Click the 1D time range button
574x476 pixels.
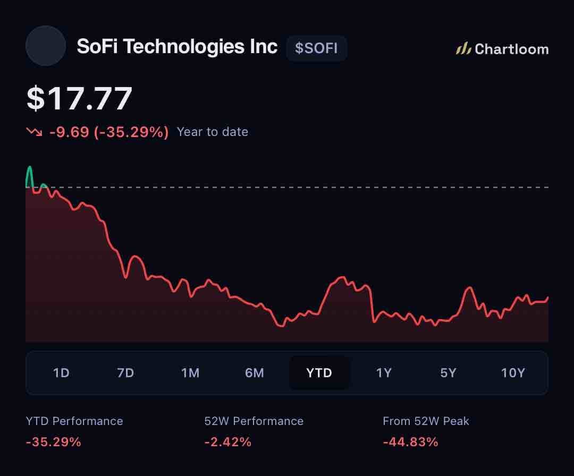(61, 373)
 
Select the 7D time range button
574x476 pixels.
(125, 373)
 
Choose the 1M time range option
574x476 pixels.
(190, 373)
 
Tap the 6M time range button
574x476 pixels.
(255, 373)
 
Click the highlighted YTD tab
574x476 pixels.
(319, 373)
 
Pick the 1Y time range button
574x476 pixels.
(384, 373)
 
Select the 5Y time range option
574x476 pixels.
(448, 373)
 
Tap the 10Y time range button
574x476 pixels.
(513, 373)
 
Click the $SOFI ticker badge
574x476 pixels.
(316, 48)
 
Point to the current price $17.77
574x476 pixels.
(79, 98)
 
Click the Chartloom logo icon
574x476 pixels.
(463, 48)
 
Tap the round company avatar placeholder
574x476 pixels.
(46, 46)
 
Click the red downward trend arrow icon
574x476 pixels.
(34, 131)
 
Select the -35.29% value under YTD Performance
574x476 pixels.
(54, 442)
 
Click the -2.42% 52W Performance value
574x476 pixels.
(227, 442)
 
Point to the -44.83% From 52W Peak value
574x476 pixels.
(410, 442)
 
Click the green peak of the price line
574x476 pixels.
(30, 167)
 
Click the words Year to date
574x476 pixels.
(212, 132)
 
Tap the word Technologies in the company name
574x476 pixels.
(183, 47)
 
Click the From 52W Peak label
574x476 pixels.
(426, 421)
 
